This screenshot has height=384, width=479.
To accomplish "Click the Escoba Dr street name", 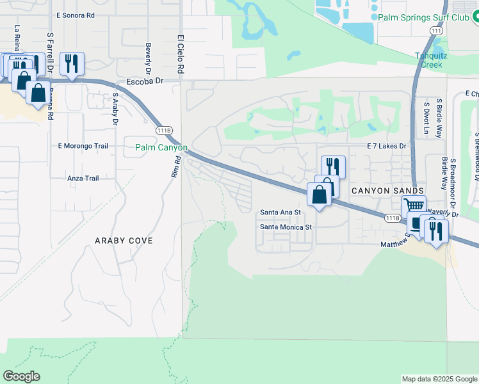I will pos(145,81).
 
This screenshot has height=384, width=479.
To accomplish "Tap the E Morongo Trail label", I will pos(83,146).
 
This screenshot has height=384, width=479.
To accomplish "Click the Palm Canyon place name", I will pos(161,147).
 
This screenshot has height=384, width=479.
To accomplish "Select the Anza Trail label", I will pos(83,179).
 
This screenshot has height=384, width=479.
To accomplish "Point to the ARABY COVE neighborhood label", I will pos(124,241).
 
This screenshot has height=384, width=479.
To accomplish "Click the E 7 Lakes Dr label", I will pos(387,146).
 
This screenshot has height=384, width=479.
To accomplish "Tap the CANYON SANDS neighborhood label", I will pos(387,191).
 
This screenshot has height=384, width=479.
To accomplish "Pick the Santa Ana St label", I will pos(280,212).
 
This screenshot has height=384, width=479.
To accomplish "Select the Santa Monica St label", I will pos(286,227).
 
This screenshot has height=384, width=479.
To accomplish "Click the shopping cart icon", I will pos(414,206).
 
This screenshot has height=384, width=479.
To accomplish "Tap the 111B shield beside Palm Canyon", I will pos(164,130).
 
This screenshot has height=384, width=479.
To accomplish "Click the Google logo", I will pos(22,376).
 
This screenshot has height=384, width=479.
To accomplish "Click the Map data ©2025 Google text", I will pos(439,379).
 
